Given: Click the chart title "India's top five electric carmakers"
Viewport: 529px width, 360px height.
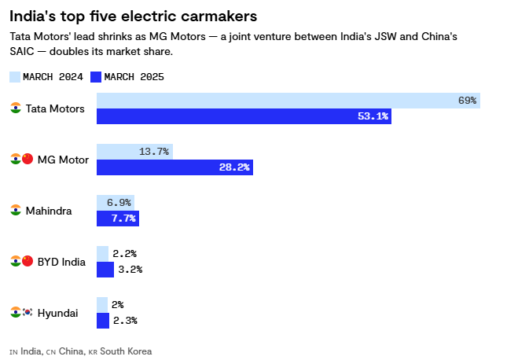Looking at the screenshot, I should (x=133, y=16).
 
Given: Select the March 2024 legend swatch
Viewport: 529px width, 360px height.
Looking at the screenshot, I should (x=15, y=77).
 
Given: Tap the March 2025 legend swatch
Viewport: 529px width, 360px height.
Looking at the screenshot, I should (x=96, y=77).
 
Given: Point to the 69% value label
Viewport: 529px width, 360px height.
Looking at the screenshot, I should (x=467, y=101).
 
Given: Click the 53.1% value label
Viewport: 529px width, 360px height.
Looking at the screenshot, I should (x=373, y=116).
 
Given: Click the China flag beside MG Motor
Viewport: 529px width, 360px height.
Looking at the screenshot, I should (x=28, y=160).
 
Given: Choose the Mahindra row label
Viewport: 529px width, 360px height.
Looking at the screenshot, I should (x=49, y=211).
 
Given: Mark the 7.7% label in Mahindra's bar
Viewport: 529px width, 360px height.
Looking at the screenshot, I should (x=124, y=219).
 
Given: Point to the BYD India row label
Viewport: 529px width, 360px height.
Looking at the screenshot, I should (x=61, y=262).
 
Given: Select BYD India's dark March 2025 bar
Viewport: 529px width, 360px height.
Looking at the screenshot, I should (x=105, y=270).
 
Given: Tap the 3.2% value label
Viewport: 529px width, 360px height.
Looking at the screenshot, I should (x=130, y=270).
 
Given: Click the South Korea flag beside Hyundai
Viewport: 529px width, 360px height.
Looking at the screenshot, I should (x=28, y=313).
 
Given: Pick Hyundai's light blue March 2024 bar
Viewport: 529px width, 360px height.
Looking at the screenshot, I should (x=102, y=304).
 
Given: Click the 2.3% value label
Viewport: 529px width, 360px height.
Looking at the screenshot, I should (x=125, y=321).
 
